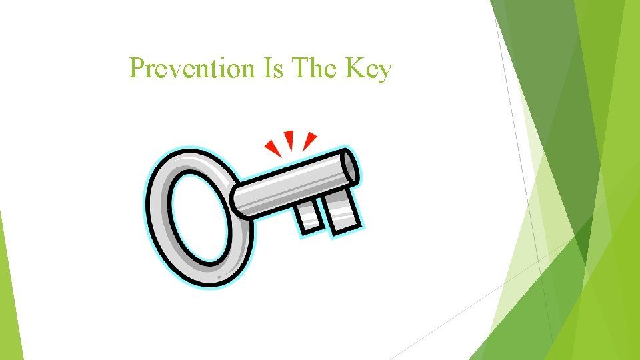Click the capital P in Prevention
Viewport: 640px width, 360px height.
click(137, 68)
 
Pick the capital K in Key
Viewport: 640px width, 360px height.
click(357, 68)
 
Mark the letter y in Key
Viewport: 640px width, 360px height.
click(385, 72)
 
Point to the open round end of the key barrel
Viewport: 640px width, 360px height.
click(350, 166)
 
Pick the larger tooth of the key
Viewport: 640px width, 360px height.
click(341, 213)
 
